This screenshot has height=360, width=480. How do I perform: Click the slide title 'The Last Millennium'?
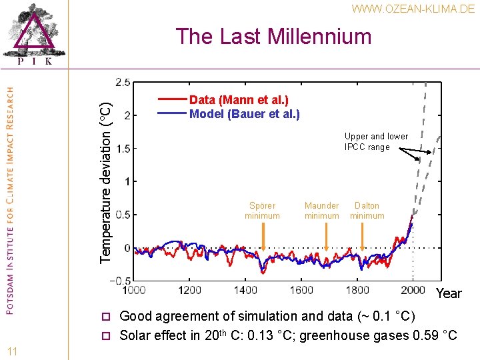(273, 36)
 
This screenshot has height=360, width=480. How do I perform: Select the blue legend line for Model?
(172, 114)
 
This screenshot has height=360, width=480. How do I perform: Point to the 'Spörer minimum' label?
(262, 211)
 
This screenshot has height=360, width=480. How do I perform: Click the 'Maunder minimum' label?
(321, 211)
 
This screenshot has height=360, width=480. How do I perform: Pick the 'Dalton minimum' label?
(367, 211)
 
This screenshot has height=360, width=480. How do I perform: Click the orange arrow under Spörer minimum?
(263, 237)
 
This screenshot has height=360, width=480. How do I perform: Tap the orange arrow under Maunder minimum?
(326, 237)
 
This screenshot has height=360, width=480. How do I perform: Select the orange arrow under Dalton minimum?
(362, 237)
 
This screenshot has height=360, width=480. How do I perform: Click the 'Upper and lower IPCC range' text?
(376, 141)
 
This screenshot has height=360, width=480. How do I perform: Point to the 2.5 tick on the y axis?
(123, 82)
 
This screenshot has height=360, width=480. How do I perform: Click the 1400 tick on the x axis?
(245, 290)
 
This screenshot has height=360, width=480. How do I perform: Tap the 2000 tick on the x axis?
(413, 290)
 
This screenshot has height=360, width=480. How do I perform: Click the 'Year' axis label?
(449, 293)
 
